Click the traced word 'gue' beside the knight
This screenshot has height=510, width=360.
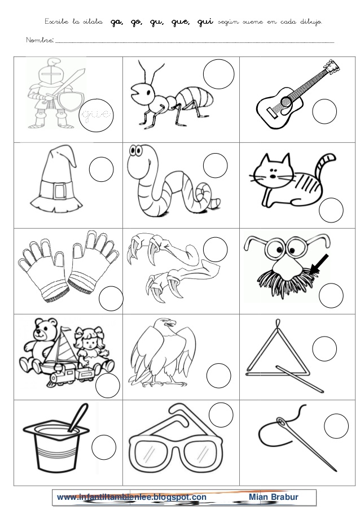(x=96, y=115)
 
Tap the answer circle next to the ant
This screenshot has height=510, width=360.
(x=219, y=74)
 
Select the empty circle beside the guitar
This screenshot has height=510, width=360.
(x=324, y=111)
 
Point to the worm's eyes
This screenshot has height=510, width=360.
(x=137, y=151)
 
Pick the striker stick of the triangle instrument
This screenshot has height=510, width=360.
(x=300, y=378)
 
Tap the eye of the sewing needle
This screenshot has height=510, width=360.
(x=282, y=422)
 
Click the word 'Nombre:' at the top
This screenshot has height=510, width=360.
(x=39, y=40)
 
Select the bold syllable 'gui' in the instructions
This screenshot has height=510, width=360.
(x=205, y=22)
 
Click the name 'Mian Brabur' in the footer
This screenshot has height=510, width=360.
(x=274, y=496)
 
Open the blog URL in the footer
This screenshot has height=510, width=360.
(x=131, y=497)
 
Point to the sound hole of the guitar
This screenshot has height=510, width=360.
(x=286, y=101)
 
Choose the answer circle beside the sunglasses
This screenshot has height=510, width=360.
(x=221, y=415)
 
